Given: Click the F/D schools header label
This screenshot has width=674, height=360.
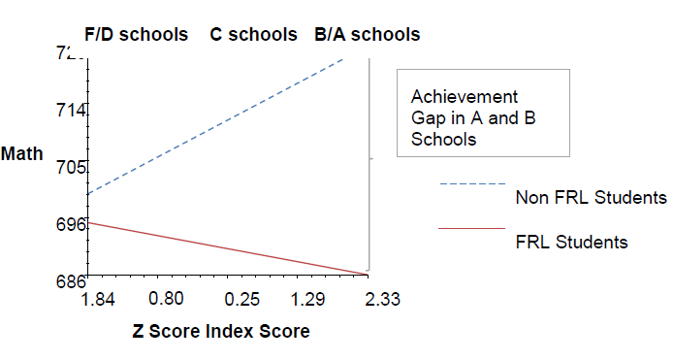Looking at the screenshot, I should coord(137,35).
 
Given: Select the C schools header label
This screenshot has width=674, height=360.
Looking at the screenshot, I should coord(253,35).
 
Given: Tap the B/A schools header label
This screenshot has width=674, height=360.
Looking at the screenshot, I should coord(368,35).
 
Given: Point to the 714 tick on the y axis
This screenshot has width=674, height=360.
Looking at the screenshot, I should coord(71,111).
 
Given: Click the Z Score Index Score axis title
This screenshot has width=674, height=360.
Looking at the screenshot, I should coord(220,331).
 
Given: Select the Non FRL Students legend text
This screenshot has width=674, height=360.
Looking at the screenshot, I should coord(591,198).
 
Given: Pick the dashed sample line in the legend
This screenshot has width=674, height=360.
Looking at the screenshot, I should coord(472,184).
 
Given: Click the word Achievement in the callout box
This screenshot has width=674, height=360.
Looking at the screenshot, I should coord(465,97).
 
